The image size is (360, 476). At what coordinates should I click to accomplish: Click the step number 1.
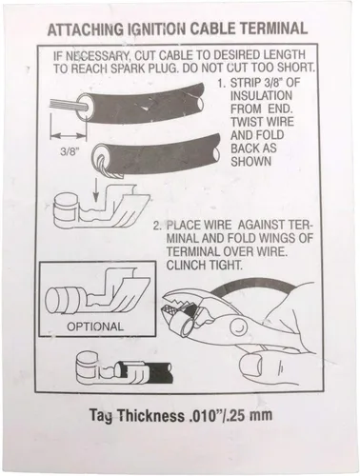coord(221,84)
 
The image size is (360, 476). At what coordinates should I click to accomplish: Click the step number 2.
coord(157,226)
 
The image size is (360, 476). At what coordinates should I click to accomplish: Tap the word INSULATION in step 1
coord(261,95)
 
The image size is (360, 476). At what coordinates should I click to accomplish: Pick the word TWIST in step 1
coord(248,122)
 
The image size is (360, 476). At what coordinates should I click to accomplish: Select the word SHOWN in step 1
coord(251,161)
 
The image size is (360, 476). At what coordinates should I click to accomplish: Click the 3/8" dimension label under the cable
coord(70,151)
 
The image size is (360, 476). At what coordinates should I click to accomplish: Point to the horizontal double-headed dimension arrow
coord(69,136)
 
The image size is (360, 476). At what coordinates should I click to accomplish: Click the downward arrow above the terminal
coord(95,189)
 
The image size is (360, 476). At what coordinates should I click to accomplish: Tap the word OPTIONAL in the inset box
coord(95,326)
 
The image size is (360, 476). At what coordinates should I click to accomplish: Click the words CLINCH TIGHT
coord(204,265)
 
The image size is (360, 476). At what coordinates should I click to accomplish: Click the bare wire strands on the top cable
coord(68,106)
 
